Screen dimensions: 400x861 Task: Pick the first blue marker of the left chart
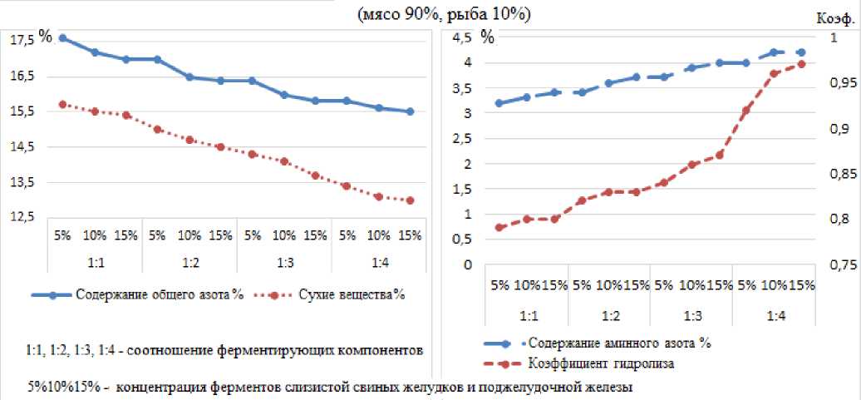pyautogui.click(x=62, y=38)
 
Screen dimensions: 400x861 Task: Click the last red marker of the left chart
pyautogui.click(x=410, y=200)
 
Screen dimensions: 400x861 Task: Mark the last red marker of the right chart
pyautogui.click(x=801, y=64)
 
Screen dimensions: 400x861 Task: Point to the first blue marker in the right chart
pyautogui.click(x=499, y=103)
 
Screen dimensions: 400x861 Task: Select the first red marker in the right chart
pyautogui.click(x=499, y=227)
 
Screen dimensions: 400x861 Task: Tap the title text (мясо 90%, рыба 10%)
pyautogui.click(x=444, y=15)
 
